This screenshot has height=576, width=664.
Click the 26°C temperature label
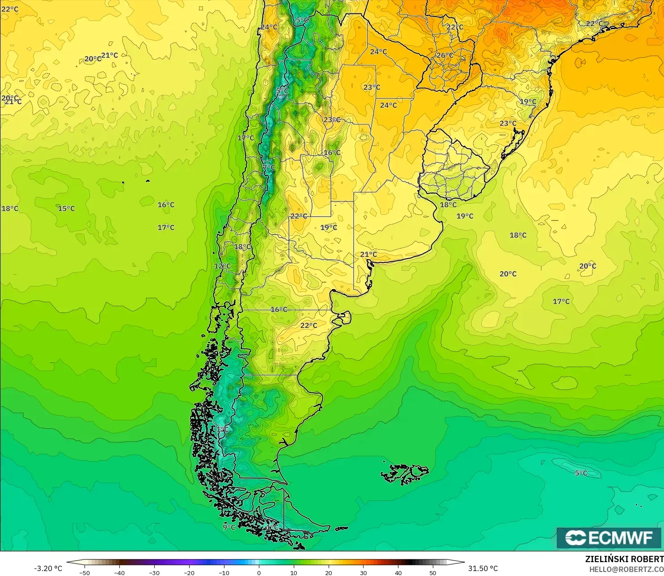click(x=444, y=55)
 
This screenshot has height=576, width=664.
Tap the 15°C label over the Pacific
click(x=66, y=209)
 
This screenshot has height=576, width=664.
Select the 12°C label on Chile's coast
click(x=222, y=266)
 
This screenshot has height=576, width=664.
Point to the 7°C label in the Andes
click(x=269, y=168)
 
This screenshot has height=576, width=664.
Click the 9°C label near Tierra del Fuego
click(x=229, y=527)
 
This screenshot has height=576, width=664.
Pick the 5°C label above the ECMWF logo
click(x=581, y=473)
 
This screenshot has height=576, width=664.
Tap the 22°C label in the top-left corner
click(x=9, y=9)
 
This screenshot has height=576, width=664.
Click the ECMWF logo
click(x=609, y=538)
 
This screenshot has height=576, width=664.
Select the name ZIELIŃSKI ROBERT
click(x=624, y=559)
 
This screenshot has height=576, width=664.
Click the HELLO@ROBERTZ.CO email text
click(x=626, y=569)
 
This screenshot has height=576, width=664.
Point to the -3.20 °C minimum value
click(x=48, y=568)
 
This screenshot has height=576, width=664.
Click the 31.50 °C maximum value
click(x=483, y=568)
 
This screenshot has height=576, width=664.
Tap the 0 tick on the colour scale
click(x=258, y=572)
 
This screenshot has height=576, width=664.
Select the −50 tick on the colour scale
click(x=84, y=572)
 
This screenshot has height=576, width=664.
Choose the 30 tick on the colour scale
click(x=363, y=572)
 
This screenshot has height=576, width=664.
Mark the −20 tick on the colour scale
click(x=189, y=572)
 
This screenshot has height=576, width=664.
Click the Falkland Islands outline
click(x=405, y=474)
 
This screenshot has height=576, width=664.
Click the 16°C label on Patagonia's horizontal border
click(x=279, y=310)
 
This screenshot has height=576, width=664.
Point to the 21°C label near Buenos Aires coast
click(x=368, y=255)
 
